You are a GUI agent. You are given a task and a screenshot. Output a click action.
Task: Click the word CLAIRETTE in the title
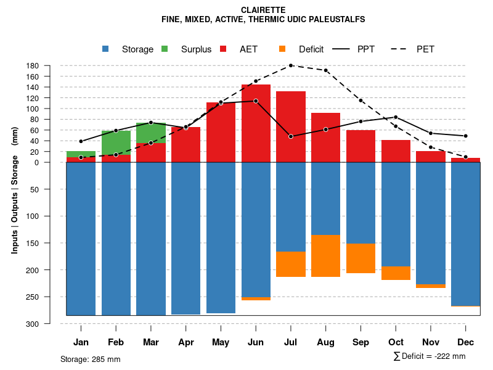click(263, 10)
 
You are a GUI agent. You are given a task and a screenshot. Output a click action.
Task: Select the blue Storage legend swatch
click(106, 49)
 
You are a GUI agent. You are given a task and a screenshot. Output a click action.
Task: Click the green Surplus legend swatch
click(165, 49)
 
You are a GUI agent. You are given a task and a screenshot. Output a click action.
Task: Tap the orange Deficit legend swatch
click(283, 49)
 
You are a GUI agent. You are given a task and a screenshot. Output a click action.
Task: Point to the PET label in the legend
click(425, 49)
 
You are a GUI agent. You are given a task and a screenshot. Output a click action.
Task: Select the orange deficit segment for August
click(326, 256)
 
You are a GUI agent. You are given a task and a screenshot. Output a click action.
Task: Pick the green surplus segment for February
click(116, 142)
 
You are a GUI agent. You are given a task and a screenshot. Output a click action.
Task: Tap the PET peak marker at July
click(291, 65)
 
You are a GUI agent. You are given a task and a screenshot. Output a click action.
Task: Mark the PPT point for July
click(291, 136)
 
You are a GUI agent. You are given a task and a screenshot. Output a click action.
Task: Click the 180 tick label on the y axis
click(51, 66)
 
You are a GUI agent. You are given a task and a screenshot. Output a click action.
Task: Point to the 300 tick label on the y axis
click(51, 324)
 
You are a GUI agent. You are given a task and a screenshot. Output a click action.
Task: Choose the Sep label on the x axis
click(361, 342)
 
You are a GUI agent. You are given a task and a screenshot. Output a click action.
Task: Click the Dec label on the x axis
click(466, 342)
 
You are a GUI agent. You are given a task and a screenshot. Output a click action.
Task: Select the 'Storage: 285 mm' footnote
click(90, 359)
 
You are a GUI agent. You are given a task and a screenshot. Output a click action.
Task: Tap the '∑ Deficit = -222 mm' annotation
click(429, 356)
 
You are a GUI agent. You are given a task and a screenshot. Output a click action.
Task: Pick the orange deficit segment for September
click(361, 258)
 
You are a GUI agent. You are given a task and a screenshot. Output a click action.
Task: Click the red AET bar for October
click(396, 151)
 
